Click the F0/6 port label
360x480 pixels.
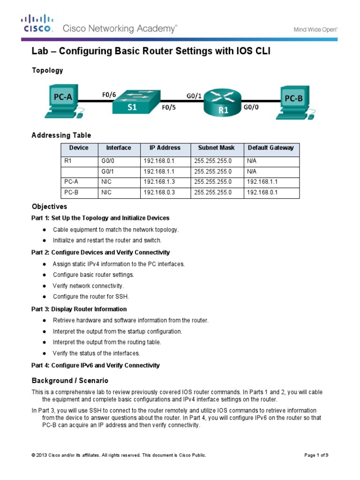109,94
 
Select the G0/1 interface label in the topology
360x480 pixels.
194,96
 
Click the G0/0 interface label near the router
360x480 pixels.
251,107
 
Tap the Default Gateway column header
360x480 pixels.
270,148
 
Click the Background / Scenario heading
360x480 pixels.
70,380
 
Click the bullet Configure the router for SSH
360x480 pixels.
90,297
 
